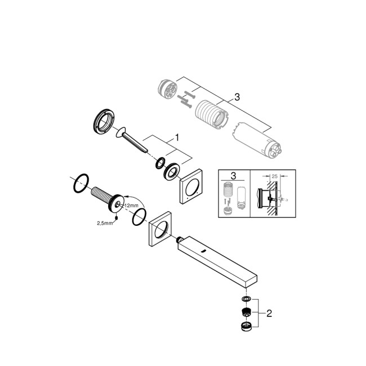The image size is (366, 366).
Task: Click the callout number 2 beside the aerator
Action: click(x=269, y=314)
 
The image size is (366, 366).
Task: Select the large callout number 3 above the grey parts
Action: click(x=237, y=97)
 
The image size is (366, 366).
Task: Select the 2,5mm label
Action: click(x=104, y=223)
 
